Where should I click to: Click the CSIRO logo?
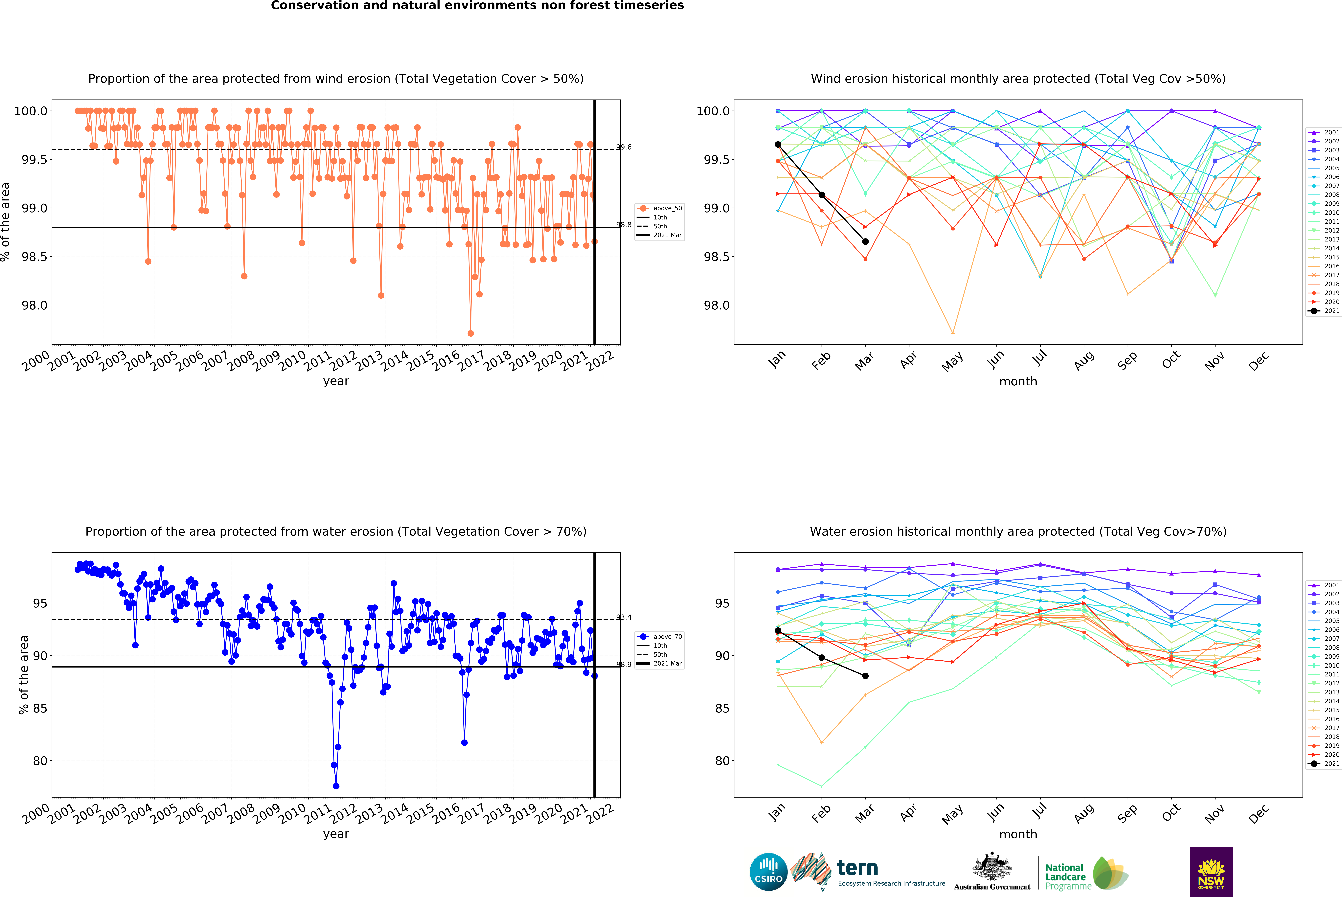click(x=768, y=872)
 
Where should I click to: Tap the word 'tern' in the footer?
click(x=857, y=868)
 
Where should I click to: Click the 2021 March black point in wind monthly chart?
click(x=865, y=241)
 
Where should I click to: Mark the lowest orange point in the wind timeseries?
click(x=471, y=333)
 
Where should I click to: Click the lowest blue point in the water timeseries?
click(x=336, y=786)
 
